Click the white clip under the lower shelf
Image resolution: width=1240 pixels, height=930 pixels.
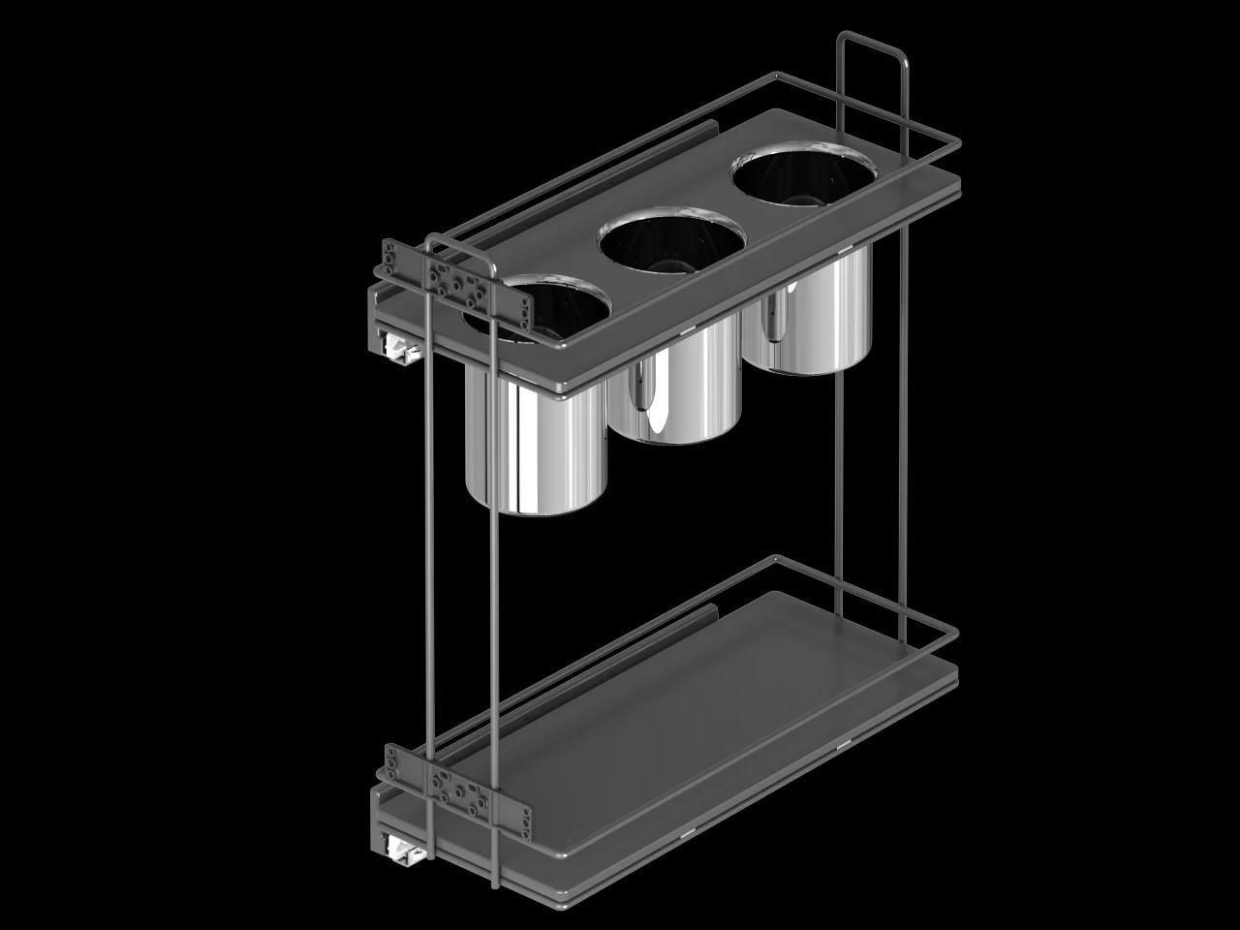pyautogui.click(x=400, y=851)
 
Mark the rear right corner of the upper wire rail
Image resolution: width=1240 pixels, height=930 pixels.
pyautogui.click(x=956, y=145)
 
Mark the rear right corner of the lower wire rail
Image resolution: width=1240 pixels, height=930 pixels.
pyautogui.click(x=956, y=635)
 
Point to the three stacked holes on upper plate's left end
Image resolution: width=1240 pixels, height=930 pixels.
pyautogui.click(x=390, y=261)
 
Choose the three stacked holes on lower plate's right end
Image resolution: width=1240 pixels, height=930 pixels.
pyautogui.click(x=525, y=820)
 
